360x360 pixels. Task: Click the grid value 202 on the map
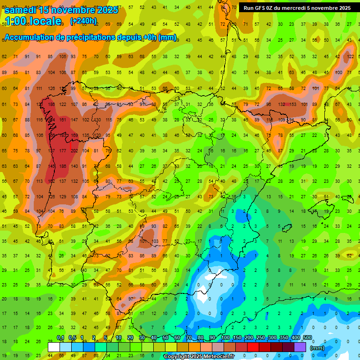(x=74, y=151)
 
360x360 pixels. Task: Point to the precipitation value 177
(x=63, y=151)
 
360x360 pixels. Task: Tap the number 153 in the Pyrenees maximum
(x=293, y=105)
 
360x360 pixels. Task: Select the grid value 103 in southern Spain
(x=155, y=241)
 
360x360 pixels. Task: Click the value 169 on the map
(x=74, y=135)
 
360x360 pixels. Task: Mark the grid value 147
(x=74, y=120)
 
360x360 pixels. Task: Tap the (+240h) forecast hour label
(x=83, y=21)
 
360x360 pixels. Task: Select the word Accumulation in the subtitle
(x=31, y=37)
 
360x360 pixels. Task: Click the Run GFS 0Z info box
(x=297, y=8)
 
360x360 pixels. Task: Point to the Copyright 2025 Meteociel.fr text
(x=199, y=357)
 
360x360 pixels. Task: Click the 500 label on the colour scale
(x=307, y=337)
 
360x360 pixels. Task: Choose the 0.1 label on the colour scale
(x=60, y=337)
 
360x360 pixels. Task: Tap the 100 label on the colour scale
(x=225, y=337)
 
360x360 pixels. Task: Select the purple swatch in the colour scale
(x=300, y=347)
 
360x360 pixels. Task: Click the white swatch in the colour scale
(x=54, y=347)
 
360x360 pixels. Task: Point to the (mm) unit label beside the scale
(x=317, y=348)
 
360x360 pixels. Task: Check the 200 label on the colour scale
(x=248, y=337)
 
